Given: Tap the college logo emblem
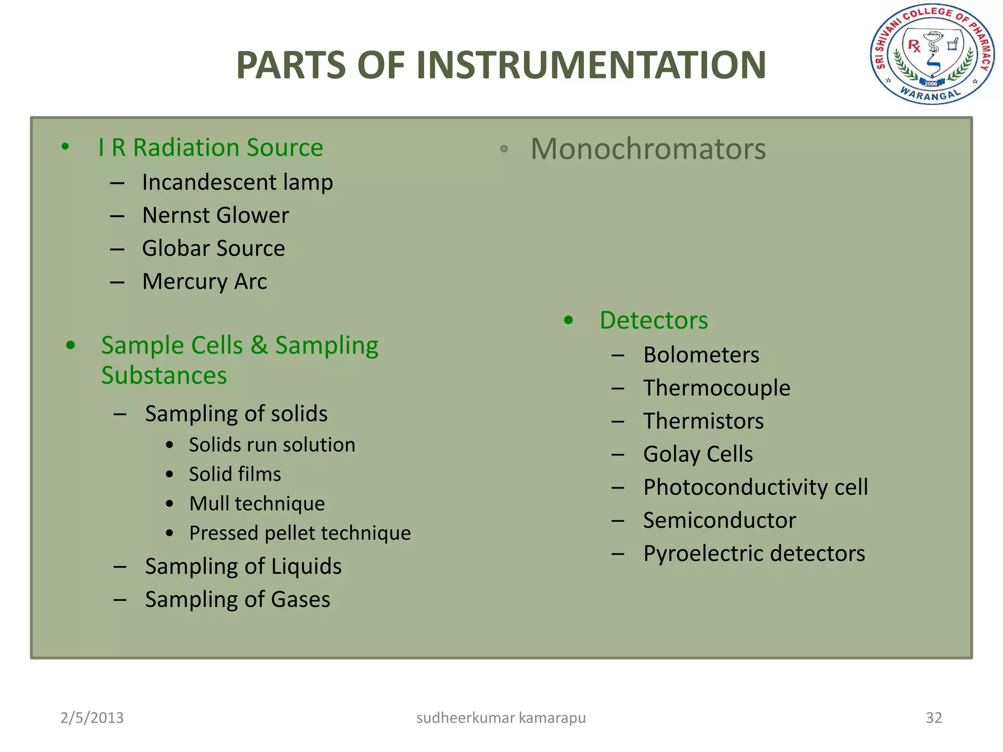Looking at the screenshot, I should pos(932,54).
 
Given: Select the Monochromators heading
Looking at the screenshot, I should pos(648,149).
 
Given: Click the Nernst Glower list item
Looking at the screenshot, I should pos(215,215).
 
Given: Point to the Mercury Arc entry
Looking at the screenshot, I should pos(205,282).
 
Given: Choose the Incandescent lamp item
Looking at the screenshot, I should pos(238,183).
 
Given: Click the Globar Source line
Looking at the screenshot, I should pos(214,248).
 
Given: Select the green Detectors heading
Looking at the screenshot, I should pos(653,320).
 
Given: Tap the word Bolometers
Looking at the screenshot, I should pos(701,355).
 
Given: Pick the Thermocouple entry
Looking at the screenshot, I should pos(716,388).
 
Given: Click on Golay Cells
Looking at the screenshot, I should pos(698,454).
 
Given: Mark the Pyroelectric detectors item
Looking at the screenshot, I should pos(754,554).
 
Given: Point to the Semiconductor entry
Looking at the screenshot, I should pos(719,520).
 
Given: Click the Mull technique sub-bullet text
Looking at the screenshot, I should pos(257,504).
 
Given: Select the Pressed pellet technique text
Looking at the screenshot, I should pos(300,533).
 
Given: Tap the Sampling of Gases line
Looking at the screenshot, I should pos(238,600).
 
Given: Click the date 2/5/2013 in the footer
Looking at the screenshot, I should pos(92,718).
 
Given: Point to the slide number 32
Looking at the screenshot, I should pos(933,718).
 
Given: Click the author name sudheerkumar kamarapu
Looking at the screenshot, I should pos(501,718).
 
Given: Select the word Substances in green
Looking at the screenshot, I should pos(164,376).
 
